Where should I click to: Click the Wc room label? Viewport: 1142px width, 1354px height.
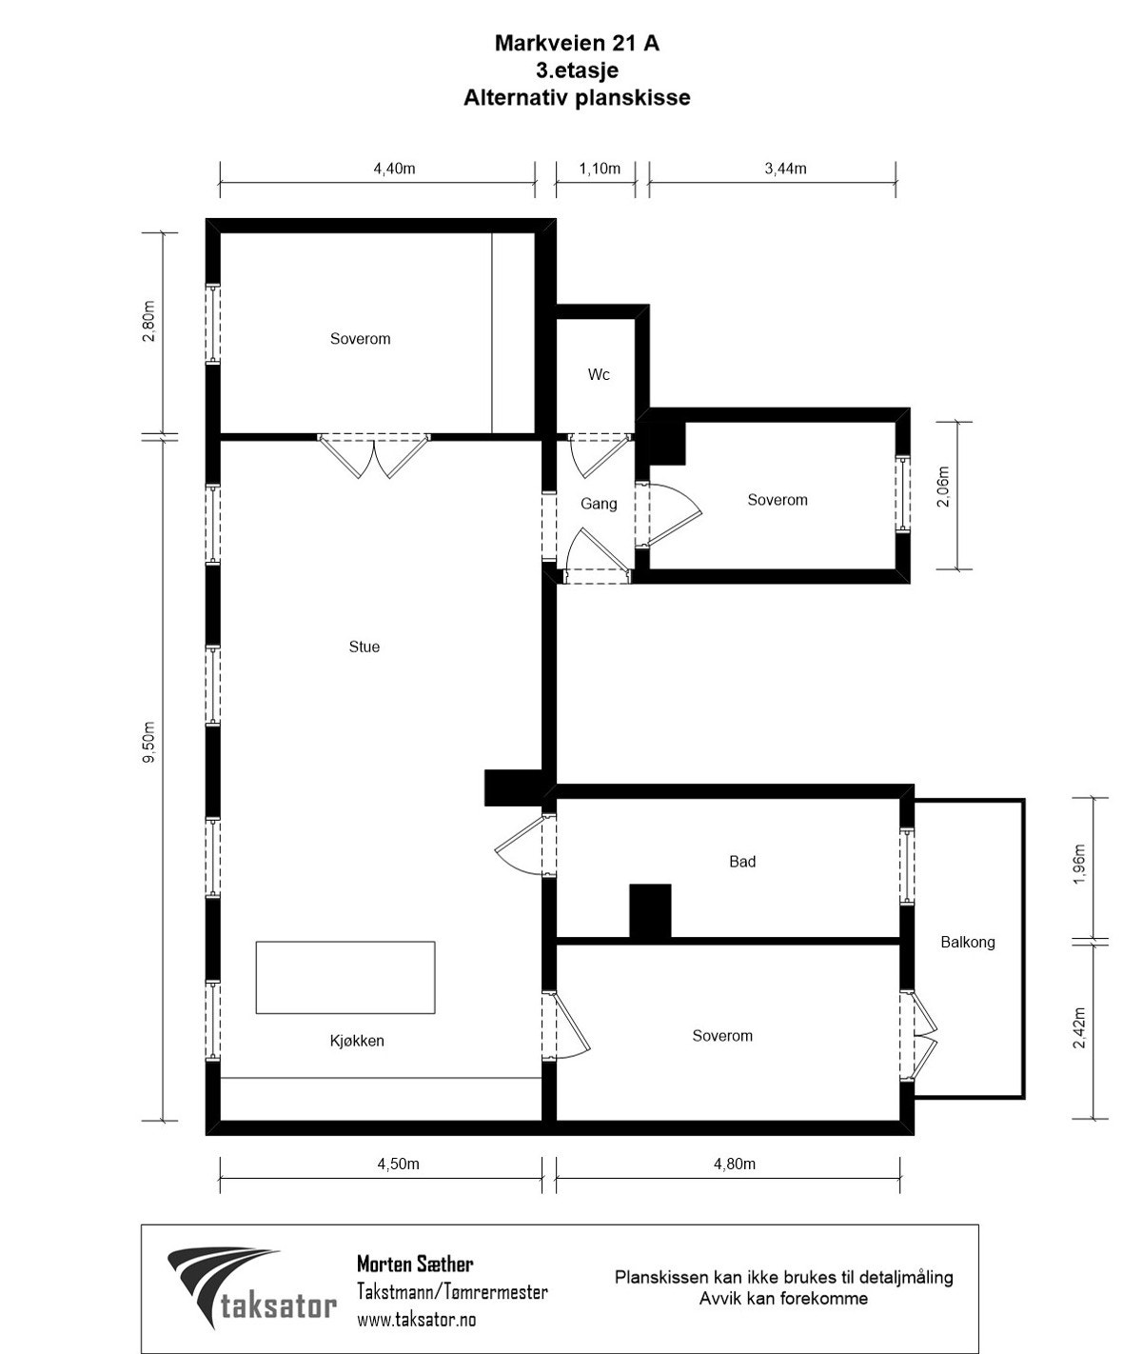(x=599, y=375)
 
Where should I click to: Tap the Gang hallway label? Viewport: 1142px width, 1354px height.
(x=599, y=503)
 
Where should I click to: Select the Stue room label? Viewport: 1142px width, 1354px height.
(x=364, y=647)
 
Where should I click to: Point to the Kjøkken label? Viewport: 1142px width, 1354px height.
(x=357, y=1041)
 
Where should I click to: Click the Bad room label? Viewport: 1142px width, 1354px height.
(x=742, y=862)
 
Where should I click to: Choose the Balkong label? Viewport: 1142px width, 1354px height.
(x=968, y=943)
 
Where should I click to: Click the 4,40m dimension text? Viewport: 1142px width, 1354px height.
(x=394, y=169)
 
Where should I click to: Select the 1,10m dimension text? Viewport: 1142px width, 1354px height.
(x=600, y=169)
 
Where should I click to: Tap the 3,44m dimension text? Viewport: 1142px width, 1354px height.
(x=785, y=169)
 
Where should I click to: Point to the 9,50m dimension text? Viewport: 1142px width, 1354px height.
(x=148, y=742)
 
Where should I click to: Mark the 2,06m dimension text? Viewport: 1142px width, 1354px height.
(x=943, y=487)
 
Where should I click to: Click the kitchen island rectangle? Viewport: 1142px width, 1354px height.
(x=345, y=978)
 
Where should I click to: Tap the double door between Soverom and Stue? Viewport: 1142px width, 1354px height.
(x=373, y=456)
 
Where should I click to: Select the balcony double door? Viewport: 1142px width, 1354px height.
(x=919, y=1035)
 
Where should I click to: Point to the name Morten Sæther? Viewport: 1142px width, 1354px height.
(x=416, y=1264)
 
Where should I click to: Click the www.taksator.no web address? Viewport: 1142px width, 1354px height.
(x=416, y=1319)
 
